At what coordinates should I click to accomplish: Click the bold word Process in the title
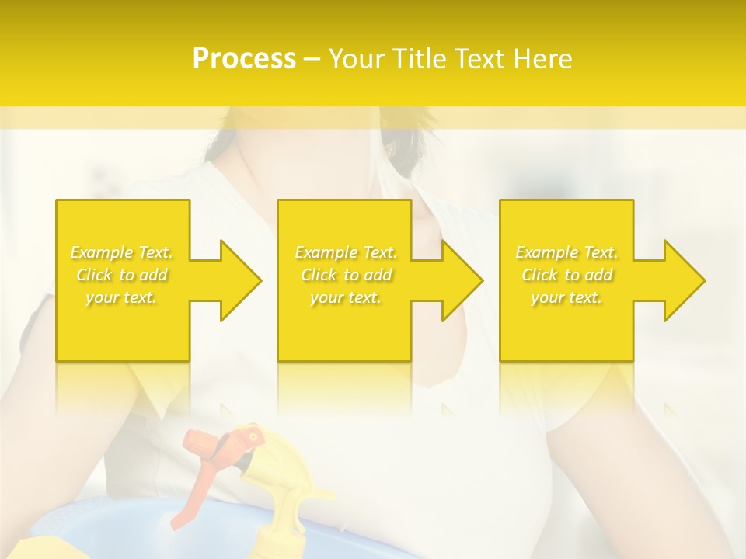(x=244, y=59)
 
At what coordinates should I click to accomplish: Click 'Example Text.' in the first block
(x=122, y=252)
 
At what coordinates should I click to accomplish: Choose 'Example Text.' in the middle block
(x=346, y=252)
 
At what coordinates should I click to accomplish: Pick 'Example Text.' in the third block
(x=566, y=252)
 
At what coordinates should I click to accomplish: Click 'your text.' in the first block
(x=122, y=297)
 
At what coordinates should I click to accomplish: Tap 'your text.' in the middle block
(x=346, y=297)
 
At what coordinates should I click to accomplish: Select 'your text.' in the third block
(x=566, y=297)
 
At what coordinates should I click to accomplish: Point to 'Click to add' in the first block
(x=122, y=275)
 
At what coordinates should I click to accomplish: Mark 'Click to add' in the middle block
(x=346, y=275)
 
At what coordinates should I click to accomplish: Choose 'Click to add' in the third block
(x=566, y=275)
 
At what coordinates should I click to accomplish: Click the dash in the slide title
(x=312, y=59)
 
